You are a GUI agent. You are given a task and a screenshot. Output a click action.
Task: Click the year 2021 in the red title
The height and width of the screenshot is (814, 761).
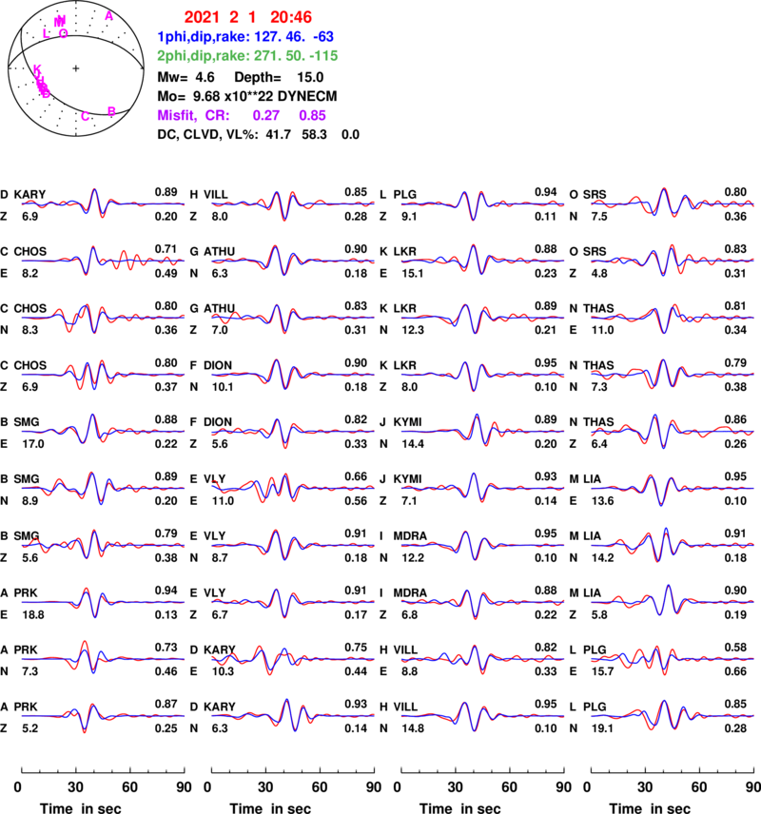202,17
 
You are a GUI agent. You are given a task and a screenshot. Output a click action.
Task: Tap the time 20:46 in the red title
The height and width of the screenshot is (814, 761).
290,17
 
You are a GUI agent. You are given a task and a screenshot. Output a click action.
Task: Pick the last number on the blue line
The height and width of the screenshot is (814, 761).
323,36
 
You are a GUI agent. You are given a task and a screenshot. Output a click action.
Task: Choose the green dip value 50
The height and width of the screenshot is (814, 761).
297,55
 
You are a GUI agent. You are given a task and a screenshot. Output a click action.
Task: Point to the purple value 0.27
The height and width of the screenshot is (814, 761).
266,115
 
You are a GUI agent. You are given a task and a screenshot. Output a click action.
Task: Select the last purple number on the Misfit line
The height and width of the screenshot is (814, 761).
312,115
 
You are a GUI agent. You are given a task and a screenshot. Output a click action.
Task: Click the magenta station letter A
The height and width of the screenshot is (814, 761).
109,16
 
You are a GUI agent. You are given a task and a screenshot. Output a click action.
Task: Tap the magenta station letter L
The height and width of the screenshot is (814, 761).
46,33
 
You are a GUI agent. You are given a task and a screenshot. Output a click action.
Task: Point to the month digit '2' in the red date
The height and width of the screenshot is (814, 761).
233,17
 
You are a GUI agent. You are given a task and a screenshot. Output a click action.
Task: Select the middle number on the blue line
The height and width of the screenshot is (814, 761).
297,36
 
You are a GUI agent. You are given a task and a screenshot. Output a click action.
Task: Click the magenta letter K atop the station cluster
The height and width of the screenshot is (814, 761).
38,68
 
